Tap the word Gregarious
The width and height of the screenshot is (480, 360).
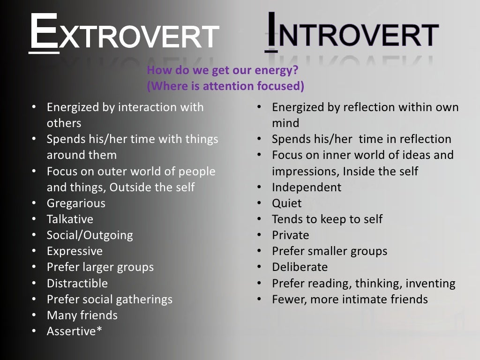coord(76,203)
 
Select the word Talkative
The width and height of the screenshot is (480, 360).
coord(70,219)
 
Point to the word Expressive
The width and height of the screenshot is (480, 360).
coord(75,251)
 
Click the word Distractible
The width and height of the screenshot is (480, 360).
coord(77,284)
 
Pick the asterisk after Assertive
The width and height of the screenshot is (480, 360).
coord(99,330)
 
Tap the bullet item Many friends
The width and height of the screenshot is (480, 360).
coord(82,315)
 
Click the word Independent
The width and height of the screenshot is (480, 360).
coord(307,187)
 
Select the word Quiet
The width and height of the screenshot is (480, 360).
coord(287,203)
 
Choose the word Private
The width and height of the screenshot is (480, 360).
coord(291,235)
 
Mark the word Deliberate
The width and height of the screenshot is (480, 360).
coord(300,267)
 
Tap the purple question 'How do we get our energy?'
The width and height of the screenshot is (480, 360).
coord(223,70)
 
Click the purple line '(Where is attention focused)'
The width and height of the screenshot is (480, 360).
coord(225,86)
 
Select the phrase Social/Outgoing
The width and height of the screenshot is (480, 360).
coord(90,235)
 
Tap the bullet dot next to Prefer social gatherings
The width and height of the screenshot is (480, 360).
coord(34,299)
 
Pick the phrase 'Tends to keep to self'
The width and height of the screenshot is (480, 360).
coord(327,219)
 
